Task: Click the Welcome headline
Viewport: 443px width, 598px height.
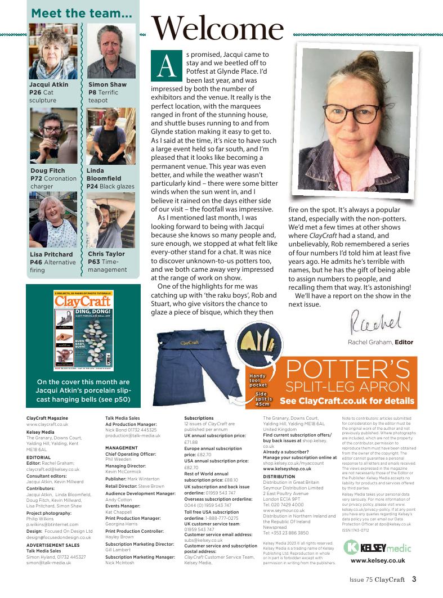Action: point(217,28)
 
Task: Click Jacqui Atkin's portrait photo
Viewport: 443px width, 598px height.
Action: point(53,51)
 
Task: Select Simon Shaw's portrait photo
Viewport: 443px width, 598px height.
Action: point(111,51)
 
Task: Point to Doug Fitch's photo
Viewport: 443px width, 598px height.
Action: point(53,135)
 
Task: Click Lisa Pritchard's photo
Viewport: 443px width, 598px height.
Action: point(53,219)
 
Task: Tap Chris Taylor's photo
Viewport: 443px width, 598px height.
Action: point(111,219)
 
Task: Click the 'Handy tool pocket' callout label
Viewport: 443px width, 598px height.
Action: point(258,380)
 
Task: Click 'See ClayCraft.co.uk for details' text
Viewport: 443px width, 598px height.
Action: point(347,401)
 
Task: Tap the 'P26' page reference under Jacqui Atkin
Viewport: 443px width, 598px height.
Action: point(36,92)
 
